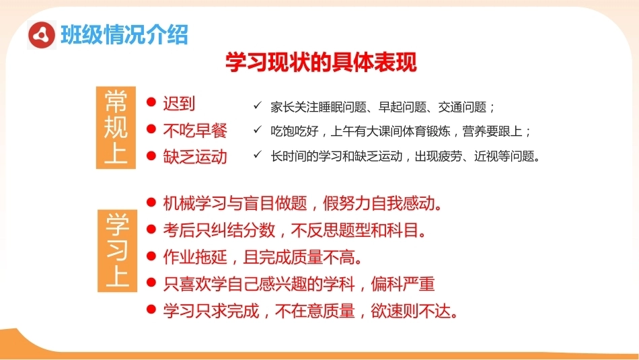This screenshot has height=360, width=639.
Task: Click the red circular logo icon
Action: (42, 35)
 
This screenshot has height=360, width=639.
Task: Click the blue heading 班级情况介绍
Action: (124, 35)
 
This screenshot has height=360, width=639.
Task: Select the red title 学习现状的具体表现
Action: (321, 62)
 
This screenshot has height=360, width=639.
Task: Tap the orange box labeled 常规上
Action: (116, 128)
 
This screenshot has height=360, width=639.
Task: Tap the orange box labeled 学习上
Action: (117, 251)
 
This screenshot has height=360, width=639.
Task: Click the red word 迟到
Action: (179, 104)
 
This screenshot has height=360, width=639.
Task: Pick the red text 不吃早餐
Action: (195, 131)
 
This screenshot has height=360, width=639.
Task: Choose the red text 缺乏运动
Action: (195, 157)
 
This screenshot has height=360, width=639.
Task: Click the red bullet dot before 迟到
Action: (151, 102)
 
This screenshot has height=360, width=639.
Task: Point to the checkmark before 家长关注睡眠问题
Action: (257, 105)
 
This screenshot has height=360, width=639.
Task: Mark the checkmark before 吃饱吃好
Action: (257, 130)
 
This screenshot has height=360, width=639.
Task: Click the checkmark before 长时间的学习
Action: (257, 154)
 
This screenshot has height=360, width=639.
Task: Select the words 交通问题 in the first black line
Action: (462, 107)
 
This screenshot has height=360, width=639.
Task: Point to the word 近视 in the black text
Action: (486, 156)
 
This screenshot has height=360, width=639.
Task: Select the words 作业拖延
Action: (195, 257)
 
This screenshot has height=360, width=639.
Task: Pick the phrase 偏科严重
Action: (403, 284)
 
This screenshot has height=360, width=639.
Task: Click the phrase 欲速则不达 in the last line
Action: (411, 311)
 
